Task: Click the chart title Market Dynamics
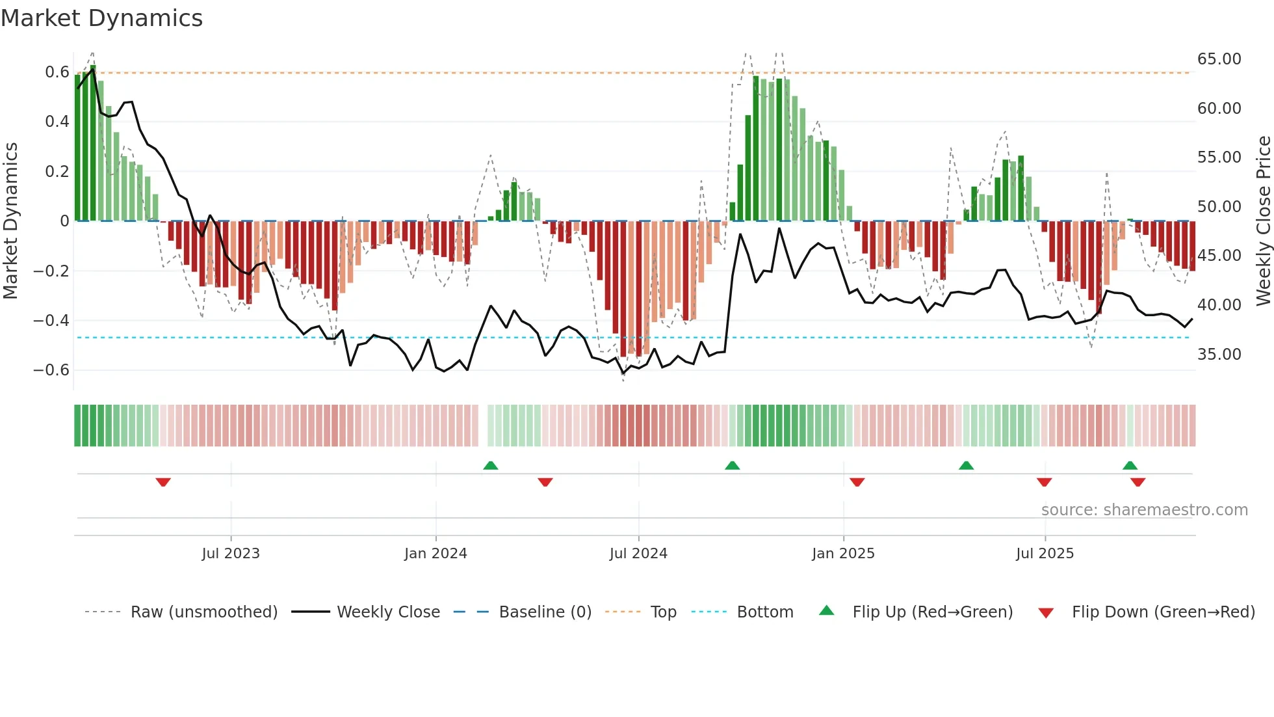tap(102, 18)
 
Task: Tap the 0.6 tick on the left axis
tap(57, 72)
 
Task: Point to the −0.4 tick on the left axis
tap(51, 321)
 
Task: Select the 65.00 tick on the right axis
tap(1219, 59)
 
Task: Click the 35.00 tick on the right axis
tap(1219, 355)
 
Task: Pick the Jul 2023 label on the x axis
tap(231, 554)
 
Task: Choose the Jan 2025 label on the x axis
tap(843, 554)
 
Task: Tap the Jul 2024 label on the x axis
tap(638, 554)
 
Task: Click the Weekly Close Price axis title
tap(1263, 221)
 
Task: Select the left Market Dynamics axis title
tap(11, 221)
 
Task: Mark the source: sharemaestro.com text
tap(1144, 510)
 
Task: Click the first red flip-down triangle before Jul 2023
tap(163, 482)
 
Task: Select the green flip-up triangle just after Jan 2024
tap(491, 465)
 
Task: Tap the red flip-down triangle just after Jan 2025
tap(857, 482)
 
